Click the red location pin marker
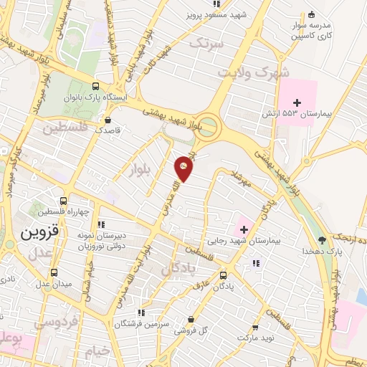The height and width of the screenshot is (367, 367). coord(184,168)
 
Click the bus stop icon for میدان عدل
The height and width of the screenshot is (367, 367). coord(54,272)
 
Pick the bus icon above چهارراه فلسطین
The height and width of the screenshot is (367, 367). coord(64,201)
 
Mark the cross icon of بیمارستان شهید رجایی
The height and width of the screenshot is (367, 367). coord(244,229)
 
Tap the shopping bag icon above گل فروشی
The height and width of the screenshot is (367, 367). coord(190,320)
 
